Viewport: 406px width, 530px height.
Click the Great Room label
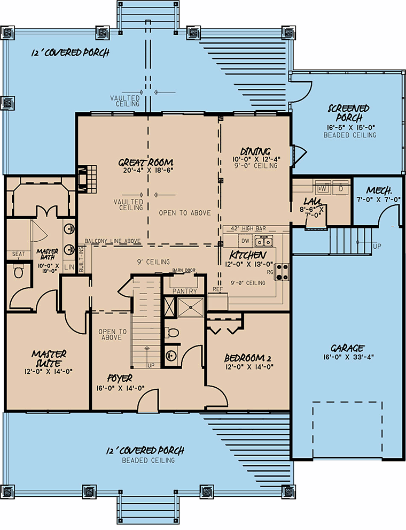coord(145,163)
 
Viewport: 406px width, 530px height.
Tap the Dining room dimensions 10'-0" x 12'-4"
coord(256,159)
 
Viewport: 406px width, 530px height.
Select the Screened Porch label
coord(349,113)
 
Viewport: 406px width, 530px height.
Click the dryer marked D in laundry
coord(341,188)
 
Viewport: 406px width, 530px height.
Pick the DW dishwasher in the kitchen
coord(245,241)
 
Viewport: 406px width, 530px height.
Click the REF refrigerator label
coord(217,289)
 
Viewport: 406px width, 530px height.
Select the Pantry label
coord(185,291)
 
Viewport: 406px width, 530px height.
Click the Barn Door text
coord(184,271)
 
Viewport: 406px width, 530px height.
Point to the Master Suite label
coord(49,359)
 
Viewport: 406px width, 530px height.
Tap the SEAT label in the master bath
coord(19,254)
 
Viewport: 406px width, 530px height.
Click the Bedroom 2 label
coord(248,358)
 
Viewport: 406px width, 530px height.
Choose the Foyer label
coord(120,378)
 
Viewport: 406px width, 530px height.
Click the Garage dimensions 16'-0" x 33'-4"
coord(348,357)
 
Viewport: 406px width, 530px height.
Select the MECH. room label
coord(379,190)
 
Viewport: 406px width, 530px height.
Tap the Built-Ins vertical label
coord(81,259)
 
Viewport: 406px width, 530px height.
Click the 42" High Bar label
coord(249,228)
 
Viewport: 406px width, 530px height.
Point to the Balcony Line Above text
coord(112,241)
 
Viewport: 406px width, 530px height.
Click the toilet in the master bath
coord(19,271)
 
